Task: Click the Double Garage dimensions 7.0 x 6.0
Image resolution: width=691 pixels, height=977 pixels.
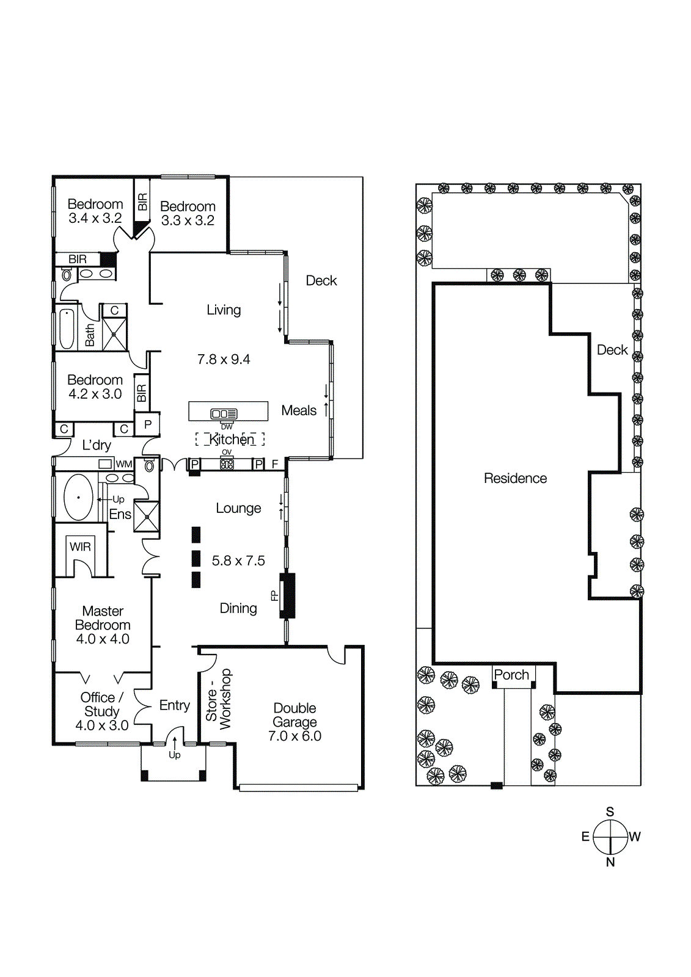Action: coord(294,736)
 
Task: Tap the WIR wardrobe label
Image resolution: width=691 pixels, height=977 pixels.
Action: coord(80,547)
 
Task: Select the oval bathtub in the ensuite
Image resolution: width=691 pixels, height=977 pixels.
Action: coord(78,498)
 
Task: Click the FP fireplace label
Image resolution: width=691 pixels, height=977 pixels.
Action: coord(274,595)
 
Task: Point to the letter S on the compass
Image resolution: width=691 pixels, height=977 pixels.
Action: coord(610,812)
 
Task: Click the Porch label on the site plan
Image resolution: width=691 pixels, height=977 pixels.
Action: coord(511,675)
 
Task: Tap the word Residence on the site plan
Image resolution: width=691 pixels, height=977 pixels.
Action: coord(515,478)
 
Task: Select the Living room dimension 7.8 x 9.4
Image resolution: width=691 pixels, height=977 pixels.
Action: coord(224,359)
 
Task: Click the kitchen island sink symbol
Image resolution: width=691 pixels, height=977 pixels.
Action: coord(224,413)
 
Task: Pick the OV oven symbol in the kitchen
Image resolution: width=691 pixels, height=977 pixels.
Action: coord(227,463)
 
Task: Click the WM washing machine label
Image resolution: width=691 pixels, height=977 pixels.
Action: coord(124,464)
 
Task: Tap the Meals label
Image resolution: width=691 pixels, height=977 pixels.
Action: coord(299,410)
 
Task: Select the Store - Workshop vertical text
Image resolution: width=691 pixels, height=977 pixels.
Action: coord(219,699)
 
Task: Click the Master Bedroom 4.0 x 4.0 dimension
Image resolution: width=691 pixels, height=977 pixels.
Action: coord(103,639)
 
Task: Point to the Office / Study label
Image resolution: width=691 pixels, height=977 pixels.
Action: coord(102,704)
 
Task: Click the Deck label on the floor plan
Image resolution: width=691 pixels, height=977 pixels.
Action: coord(321,280)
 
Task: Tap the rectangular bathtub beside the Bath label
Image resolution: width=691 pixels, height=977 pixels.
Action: coord(67,329)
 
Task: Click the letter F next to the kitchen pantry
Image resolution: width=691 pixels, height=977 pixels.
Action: coord(275,464)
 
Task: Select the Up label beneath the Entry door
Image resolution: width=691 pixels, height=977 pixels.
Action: coord(175,755)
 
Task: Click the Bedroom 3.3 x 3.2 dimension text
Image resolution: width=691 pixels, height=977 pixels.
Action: coord(188,220)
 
